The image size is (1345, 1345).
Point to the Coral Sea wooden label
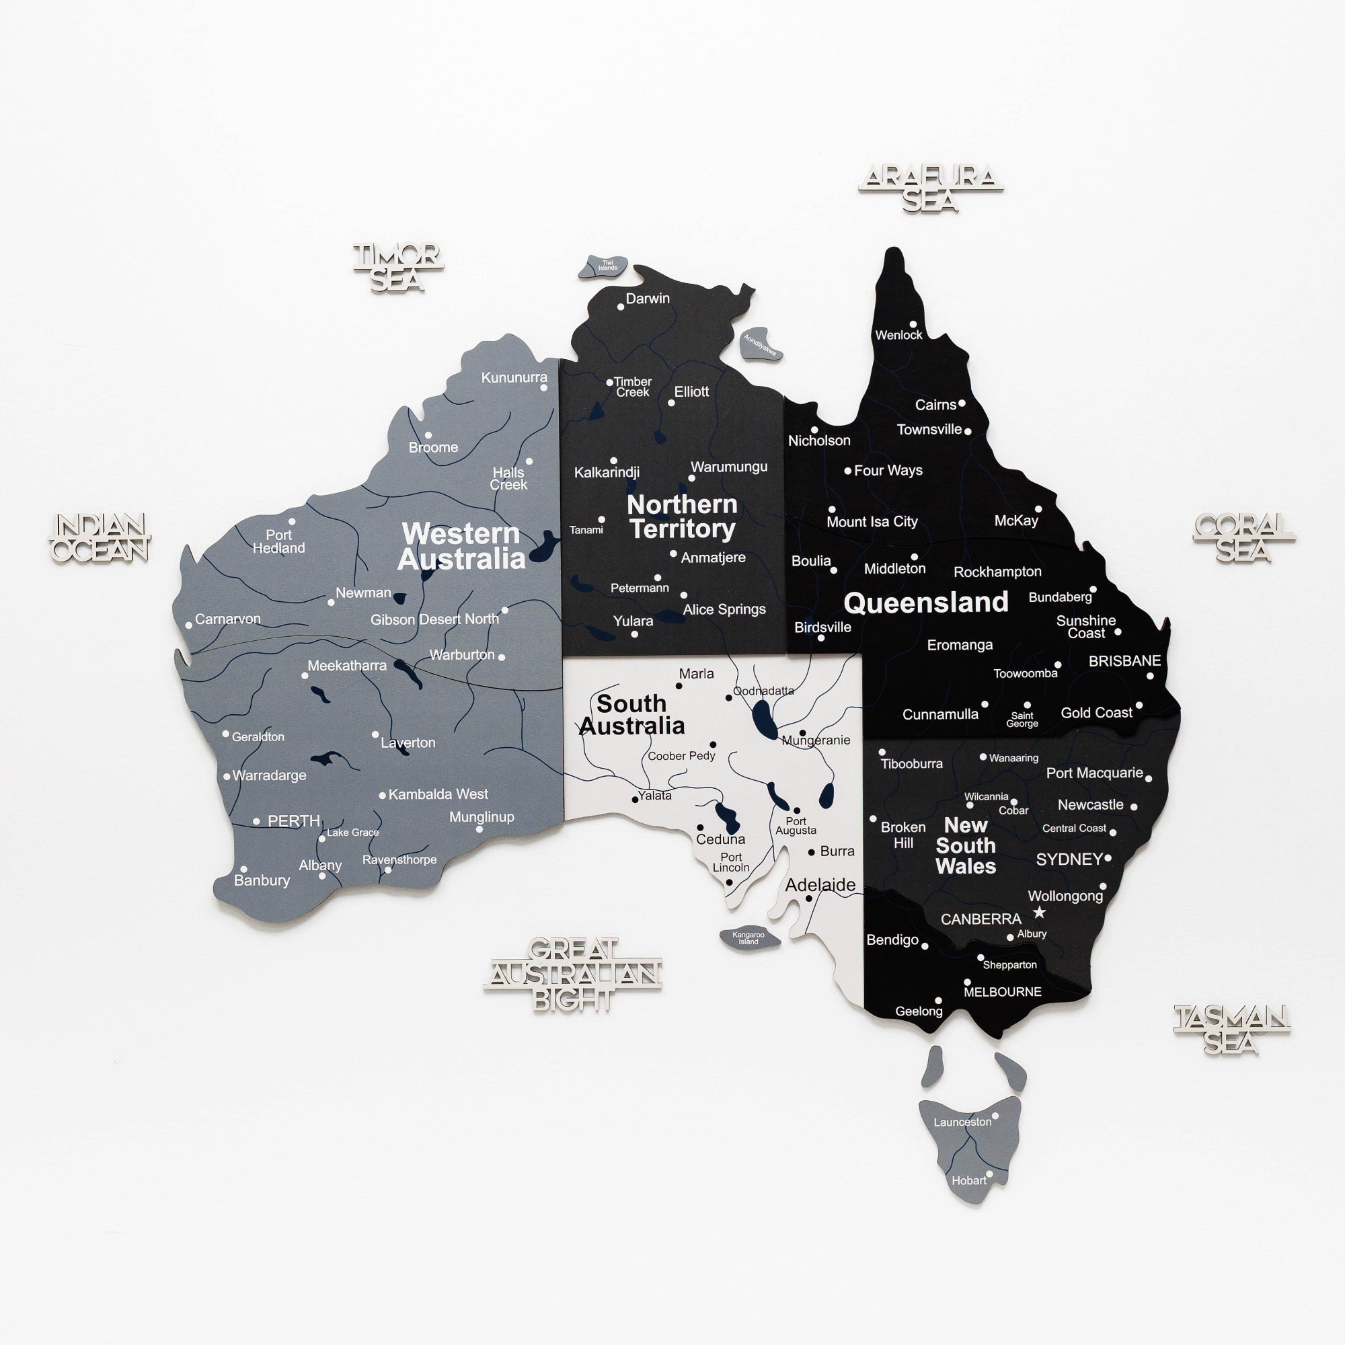pyautogui.click(x=1243, y=537)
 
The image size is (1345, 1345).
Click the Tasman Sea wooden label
pyautogui.click(x=1231, y=1029)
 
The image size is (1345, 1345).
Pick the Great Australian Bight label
pyautogui.click(x=573, y=974)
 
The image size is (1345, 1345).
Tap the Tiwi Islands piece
pyautogui.click(x=603, y=266)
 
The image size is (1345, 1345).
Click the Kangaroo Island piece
pyautogui.click(x=748, y=937)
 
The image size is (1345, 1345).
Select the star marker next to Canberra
pyautogui.click(x=1040, y=912)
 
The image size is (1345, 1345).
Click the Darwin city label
pyautogui.click(x=648, y=299)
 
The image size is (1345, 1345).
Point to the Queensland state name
pyautogui.click(x=926, y=602)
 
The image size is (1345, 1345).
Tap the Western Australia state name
pyautogui.click(x=461, y=547)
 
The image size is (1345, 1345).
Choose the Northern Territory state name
pyautogui.click(x=682, y=516)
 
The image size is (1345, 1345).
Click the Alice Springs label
pyautogui.click(x=724, y=609)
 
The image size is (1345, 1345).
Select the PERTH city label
pyautogui.click(x=294, y=820)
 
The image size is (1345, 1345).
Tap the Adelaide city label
pyautogui.click(x=820, y=885)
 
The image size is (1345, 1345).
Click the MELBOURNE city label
pyautogui.click(x=1003, y=992)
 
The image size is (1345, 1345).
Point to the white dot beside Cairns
pyautogui.click(x=962, y=403)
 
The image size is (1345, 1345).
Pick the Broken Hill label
pyautogui.click(x=903, y=835)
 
